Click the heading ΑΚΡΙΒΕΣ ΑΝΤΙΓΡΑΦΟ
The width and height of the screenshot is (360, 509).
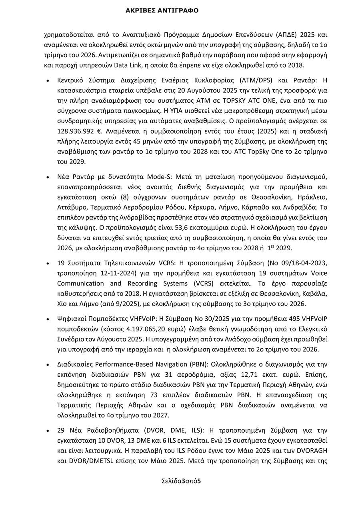tap(162, 11)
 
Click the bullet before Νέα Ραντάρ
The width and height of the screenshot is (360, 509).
tap(48, 178)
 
